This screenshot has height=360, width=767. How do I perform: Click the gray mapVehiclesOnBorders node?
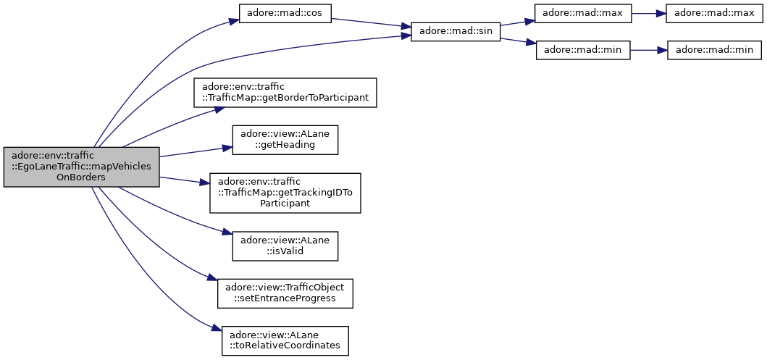[x=81, y=167]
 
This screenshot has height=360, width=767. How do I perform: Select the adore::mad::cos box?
[x=285, y=13]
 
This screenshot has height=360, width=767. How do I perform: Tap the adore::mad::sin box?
[x=456, y=32]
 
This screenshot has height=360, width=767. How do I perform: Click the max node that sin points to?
[x=582, y=13]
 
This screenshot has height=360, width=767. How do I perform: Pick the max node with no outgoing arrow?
[x=714, y=13]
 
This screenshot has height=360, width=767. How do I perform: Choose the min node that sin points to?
[x=582, y=51]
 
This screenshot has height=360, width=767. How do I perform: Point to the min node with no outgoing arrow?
[x=714, y=51]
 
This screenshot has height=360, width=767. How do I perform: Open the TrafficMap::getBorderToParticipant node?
[x=285, y=93]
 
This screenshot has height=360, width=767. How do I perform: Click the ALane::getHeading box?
[x=285, y=140]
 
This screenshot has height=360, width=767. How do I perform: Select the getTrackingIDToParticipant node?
[x=285, y=193]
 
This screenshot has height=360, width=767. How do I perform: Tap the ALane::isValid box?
[x=285, y=246]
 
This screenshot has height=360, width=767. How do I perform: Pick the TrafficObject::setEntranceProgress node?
[x=285, y=293]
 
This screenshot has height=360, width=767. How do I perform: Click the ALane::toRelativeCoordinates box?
[x=285, y=340]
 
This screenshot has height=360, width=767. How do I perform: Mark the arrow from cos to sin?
[x=372, y=22]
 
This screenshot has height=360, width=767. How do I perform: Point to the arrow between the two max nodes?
[x=649, y=13]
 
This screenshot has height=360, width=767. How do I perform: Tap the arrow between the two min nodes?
[x=649, y=51]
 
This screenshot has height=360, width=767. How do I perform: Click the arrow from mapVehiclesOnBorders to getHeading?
[x=196, y=151]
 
